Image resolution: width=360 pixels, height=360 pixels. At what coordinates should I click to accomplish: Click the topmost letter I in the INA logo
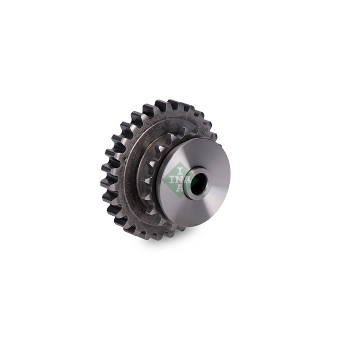[180, 171]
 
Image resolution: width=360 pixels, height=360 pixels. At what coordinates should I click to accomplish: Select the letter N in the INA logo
[179, 179]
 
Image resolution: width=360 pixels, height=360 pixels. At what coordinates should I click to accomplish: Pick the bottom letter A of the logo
[179, 187]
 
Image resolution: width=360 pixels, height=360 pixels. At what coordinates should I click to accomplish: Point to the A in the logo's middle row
[187, 179]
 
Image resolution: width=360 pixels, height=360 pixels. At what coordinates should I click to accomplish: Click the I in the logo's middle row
[171, 179]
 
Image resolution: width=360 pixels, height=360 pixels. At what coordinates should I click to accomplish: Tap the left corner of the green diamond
[162, 180]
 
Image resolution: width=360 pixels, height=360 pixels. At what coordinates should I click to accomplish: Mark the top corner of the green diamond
[179, 162]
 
